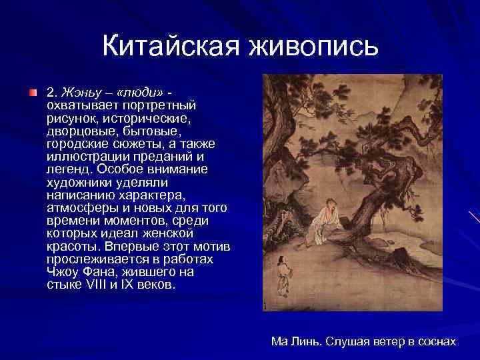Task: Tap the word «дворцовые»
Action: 78,131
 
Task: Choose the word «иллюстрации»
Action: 84,157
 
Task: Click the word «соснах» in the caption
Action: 437,341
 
